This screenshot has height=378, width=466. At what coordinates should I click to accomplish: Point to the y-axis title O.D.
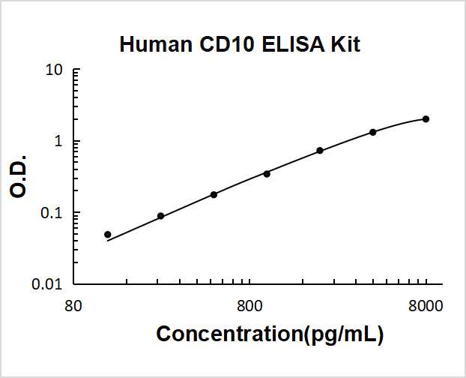(20, 176)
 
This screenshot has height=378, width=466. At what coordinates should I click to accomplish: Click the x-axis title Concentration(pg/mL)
(270, 334)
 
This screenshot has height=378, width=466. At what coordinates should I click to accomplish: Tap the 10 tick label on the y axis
(53, 70)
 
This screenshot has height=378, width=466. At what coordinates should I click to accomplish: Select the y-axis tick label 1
(57, 142)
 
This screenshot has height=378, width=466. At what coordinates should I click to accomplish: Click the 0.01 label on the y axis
(46, 284)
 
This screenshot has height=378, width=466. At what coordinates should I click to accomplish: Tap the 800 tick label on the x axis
(249, 306)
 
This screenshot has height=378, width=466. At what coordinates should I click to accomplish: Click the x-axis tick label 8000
(426, 306)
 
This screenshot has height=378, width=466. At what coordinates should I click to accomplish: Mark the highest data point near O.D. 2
(426, 119)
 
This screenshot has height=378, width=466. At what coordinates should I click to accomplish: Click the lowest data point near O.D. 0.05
(108, 235)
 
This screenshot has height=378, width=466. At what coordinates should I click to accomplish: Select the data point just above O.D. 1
(372, 132)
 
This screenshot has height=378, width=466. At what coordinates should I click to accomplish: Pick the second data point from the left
(160, 216)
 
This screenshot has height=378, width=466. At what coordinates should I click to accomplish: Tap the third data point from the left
(214, 194)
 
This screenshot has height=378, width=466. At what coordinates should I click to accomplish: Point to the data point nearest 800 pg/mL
(267, 173)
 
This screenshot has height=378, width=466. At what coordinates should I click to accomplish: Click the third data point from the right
(320, 151)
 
